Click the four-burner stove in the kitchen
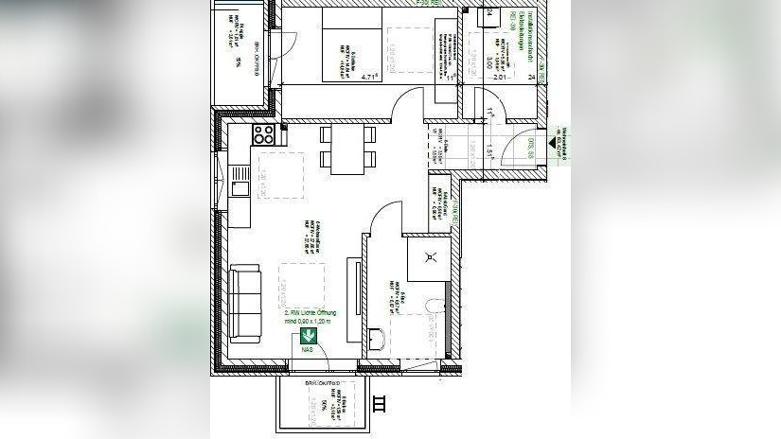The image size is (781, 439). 263,134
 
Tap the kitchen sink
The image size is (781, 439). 240,187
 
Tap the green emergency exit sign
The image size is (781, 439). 308,335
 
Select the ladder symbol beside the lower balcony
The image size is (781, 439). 381,404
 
